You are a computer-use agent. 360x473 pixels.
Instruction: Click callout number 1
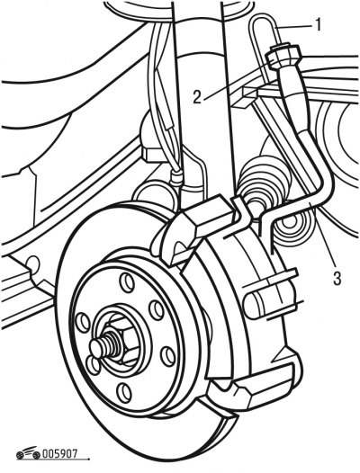point(317,24)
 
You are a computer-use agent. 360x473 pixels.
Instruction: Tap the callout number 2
point(197,97)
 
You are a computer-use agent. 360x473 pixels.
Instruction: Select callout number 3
point(337,278)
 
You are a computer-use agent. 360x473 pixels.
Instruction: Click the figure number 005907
point(59,454)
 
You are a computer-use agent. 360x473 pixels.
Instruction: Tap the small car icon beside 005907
point(28,452)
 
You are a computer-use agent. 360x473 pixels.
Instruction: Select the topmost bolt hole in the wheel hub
point(127,281)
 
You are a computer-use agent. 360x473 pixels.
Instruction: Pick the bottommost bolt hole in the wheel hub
point(124,391)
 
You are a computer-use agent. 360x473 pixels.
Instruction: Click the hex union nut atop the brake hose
point(283,56)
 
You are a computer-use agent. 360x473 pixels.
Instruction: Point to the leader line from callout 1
point(294,26)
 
